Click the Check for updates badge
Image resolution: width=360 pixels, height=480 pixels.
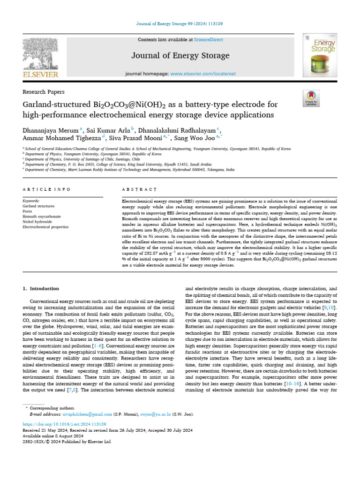coord(310,97)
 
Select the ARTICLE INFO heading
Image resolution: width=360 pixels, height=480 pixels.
coord(46,189)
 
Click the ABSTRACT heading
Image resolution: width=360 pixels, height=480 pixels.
coord(139,189)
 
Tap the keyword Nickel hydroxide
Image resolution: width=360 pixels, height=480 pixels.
coord(38,221)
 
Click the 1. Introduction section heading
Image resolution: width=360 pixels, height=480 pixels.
coord(41,289)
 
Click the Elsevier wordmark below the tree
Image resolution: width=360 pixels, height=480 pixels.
coord(40,75)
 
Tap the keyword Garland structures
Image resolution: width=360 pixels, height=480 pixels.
coord(39,206)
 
